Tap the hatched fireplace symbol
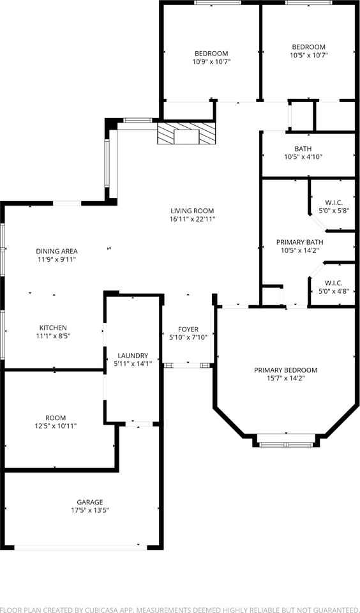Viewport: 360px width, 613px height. pos(187,134)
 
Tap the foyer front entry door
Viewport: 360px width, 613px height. pos(188,365)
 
